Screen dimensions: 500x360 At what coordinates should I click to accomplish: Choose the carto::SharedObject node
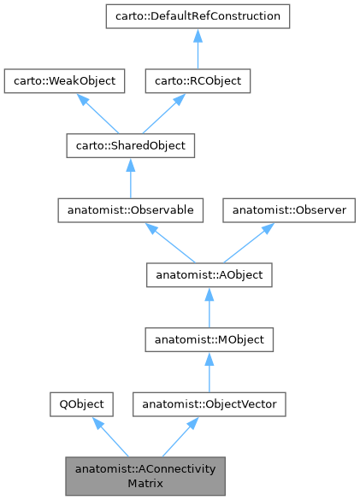tap(130, 145)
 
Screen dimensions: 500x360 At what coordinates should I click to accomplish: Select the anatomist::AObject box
tap(210, 275)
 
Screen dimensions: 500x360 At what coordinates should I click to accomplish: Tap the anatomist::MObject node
tap(210, 340)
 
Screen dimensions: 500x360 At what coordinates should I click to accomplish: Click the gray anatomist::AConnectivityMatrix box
tap(145, 476)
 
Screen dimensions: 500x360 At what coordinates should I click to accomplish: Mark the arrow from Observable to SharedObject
tap(130, 178)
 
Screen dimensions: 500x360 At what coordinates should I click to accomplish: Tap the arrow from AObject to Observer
tap(249, 243)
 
